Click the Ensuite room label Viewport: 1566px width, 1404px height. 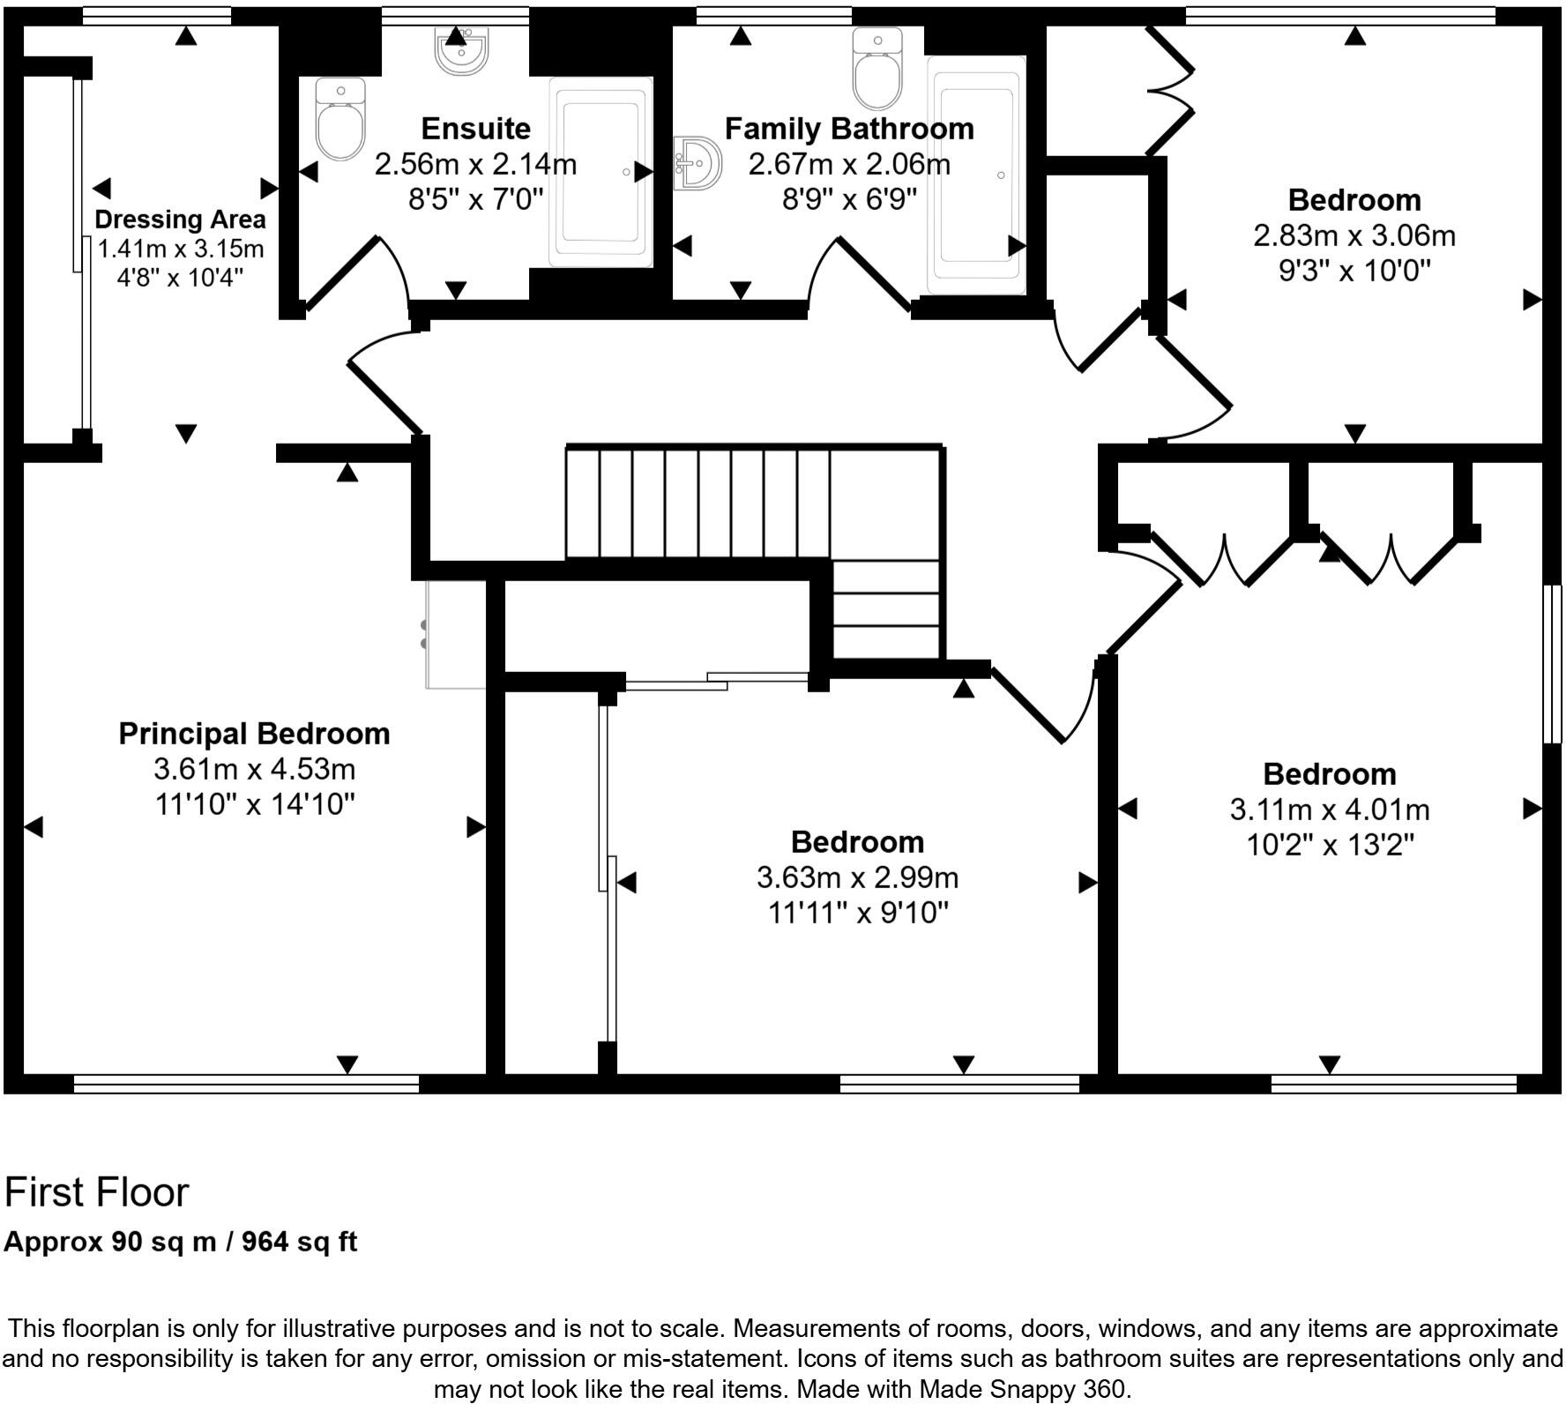coord(475,129)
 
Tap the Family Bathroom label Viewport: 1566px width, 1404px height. coord(849,129)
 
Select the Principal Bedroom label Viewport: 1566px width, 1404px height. coord(254,734)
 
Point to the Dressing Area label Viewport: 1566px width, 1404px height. coord(180,219)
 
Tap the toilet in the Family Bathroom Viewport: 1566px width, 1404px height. coord(877,68)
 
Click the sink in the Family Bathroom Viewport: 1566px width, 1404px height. coord(697,163)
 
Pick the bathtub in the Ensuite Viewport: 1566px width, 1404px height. coord(600,171)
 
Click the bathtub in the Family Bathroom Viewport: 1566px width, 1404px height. coord(976,175)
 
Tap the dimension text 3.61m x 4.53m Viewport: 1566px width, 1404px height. coord(254,769)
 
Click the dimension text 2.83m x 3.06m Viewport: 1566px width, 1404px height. coord(1353,236)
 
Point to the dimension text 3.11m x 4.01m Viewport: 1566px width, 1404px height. coord(1329,810)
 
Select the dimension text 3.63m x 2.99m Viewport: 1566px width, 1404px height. coord(857,877)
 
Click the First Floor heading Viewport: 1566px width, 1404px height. coord(97,1192)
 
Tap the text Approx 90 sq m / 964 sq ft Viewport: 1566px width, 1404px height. coord(181,1242)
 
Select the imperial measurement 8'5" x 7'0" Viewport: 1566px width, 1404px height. coord(475,199)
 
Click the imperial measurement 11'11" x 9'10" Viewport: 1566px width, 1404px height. coord(857,913)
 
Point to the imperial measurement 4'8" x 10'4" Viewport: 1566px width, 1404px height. coord(180,277)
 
